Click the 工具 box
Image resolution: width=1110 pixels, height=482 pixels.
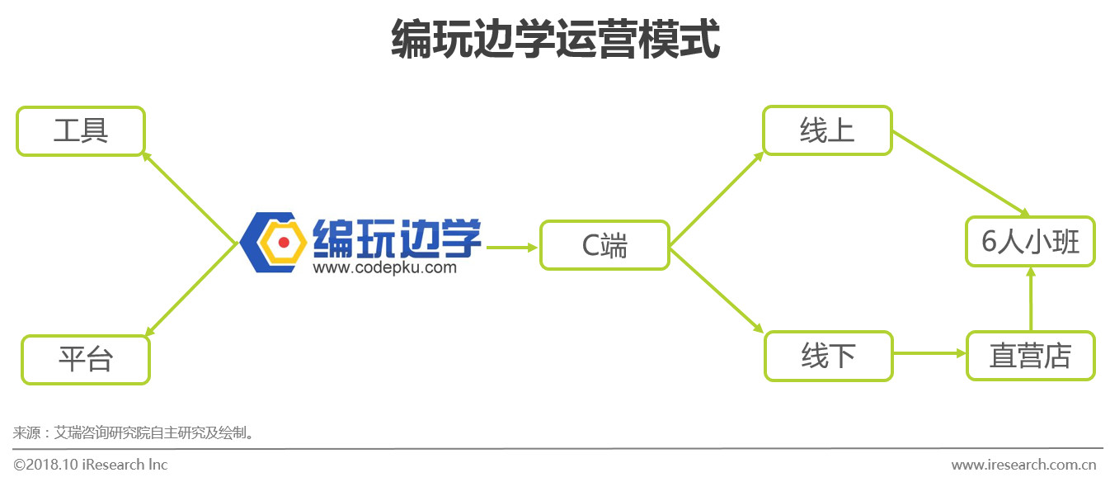click(81, 130)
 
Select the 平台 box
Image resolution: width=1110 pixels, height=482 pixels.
click(85, 359)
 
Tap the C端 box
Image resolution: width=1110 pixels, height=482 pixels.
click(604, 245)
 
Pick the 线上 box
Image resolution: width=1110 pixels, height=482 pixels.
click(826, 130)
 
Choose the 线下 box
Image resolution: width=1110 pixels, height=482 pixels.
click(828, 356)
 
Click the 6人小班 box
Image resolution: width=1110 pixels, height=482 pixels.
click(1030, 242)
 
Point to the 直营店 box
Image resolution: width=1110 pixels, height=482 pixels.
click(1030, 356)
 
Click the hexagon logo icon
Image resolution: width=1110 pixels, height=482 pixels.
click(275, 243)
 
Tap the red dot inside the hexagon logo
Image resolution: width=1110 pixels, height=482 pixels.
click(283, 243)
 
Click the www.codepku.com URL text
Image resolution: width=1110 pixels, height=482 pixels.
click(384, 267)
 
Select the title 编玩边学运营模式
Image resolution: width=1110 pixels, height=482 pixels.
click(554, 40)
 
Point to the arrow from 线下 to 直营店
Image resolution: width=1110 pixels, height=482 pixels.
click(929, 353)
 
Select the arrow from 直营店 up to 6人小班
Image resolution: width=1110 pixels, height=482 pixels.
click(1029, 299)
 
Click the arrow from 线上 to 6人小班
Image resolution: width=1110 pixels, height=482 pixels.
click(961, 174)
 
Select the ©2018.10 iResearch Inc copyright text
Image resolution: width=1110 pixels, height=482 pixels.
click(91, 465)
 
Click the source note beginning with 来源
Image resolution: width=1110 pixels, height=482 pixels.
click(132, 432)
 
